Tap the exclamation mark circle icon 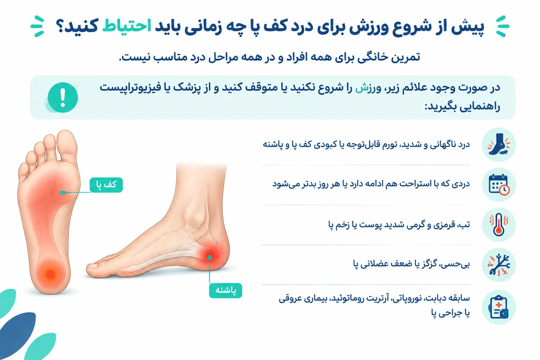(63, 97)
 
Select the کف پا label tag (106, 185)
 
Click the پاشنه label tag (225, 290)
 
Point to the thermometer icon (499, 225)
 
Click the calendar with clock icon (499, 185)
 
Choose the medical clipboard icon (499, 307)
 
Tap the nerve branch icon (499, 265)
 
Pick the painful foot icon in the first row (499, 144)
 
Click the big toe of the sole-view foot (67, 145)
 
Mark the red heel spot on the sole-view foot (51, 274)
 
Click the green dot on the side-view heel (210, 257)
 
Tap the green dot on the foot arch (63, 192)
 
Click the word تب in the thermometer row (465, 224)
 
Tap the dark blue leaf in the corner (17, 334)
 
